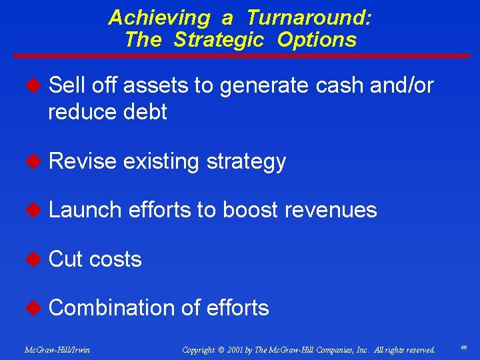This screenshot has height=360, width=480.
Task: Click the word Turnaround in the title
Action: pos(309,17)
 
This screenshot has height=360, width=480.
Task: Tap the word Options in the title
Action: pos(317,39)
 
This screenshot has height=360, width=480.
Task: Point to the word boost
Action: pos(251,209)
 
